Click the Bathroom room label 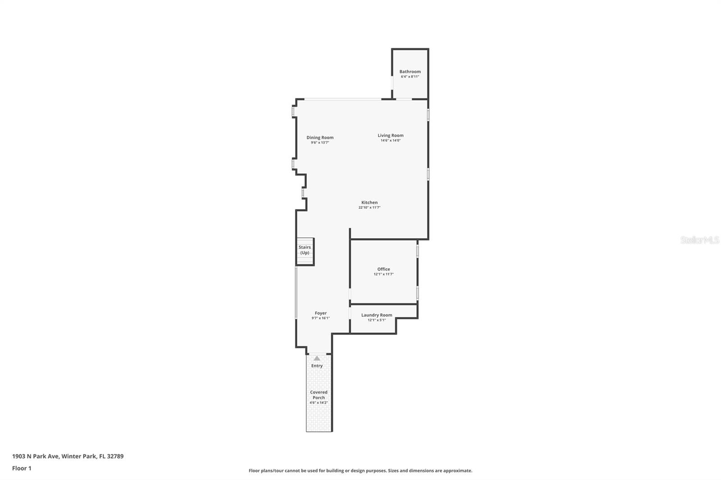pos(410,72)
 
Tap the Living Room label pos(390,135)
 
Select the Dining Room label pos(320,137)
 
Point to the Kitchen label pos(370,202)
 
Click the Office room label pos(383,269)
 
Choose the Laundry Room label pos(377,315)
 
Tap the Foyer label pos(320,313)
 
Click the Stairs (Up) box pos(305,251)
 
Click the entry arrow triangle pos(317,358)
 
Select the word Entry pos(317,366)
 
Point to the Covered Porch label pos(319,395)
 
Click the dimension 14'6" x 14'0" pos(390,140)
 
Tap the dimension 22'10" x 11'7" pos(370,208)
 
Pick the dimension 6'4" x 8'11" pos(410,77)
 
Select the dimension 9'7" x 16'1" pos(320,318)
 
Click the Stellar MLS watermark pos(699,240)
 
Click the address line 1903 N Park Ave pos(68,456)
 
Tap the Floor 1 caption pos(22,468)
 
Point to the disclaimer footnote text pos(360,471)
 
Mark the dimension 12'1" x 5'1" pos(377,320)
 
